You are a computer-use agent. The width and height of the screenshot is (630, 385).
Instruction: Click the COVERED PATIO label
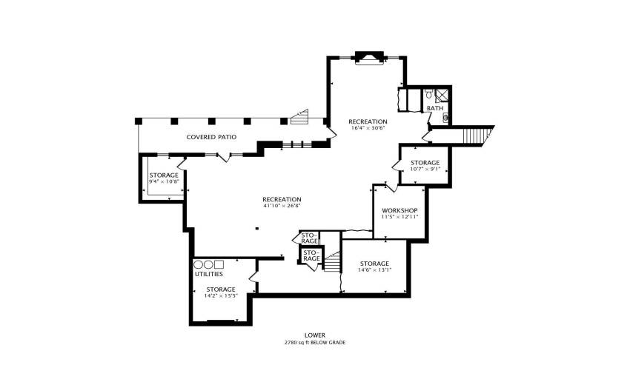(x=211, y=137)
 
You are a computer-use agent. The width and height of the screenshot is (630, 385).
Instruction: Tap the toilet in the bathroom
(x=429, y=95)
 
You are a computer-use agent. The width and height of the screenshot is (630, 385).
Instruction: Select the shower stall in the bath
(x=442, y=94)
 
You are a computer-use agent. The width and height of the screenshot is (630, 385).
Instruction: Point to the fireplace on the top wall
(x=368, y=57)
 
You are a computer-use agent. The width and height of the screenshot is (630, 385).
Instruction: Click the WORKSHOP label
(x=399, y=210)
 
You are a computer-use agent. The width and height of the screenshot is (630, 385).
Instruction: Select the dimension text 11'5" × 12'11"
(x=399, y=217)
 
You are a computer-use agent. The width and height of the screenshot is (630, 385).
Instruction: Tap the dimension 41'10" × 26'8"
(x=281, y=206)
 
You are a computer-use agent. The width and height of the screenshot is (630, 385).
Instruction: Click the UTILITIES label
(x=209, y=275)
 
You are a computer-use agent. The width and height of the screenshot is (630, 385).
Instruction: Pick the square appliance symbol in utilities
(x=219, y=264)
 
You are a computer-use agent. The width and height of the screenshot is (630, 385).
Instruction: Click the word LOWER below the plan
(x=315, y=335)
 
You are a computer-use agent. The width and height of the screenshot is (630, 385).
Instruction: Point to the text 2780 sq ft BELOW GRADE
(x=315, y=343)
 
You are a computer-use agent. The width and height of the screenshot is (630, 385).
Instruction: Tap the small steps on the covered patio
(x=299, y=116)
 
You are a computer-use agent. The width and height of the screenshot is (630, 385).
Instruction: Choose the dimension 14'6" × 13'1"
(x=374, y=270)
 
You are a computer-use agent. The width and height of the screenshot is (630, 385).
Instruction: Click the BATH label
(x=435, y=109)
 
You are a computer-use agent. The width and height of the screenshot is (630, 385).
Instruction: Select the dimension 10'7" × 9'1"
(x=425, y=169)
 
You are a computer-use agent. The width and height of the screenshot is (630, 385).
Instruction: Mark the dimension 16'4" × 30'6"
(x=368, y=128)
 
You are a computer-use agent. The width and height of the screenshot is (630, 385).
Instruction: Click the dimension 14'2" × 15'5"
(x=220, y=295)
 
